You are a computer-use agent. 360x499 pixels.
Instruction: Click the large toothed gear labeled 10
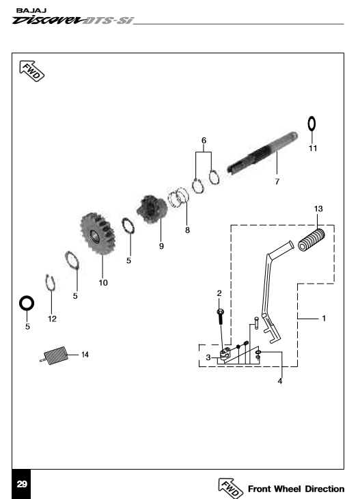(x=97, y=234)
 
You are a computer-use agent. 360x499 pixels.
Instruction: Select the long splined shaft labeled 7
(x=263, y=153)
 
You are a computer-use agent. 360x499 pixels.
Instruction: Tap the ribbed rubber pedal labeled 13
(x=311, y=240)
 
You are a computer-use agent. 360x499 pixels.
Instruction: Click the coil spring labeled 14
(x=54, y=355)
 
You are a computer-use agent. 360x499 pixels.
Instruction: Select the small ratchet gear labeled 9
(x=152, y=208)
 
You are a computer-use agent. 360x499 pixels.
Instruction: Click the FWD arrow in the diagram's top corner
(x=32, y=71)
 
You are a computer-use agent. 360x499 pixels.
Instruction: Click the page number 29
(x=22, y=484)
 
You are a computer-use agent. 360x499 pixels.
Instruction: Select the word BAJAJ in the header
(x=31, y=10)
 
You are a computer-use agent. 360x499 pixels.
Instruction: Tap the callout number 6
(x=204, y=140)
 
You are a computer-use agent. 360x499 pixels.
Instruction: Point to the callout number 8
(x=187, y=230)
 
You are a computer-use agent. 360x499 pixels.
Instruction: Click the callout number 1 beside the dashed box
(x=324, y=319)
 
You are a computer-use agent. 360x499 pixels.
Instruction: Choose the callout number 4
(x=280, y=381)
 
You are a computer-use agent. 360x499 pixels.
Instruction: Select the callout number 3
(x=208, y=358)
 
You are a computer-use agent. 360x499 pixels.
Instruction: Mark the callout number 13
(x=318, y=208)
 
